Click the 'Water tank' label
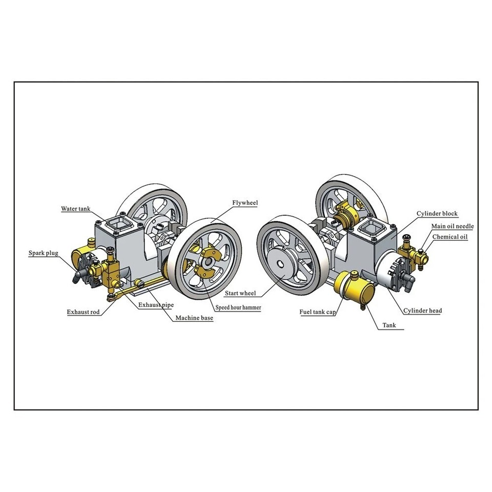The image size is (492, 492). tap(75, 209)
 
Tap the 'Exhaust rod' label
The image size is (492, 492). tap(84, 311)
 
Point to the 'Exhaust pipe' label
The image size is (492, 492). tap(156, 304)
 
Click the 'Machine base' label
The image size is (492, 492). tap(194, 318)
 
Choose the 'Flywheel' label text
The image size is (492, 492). tap(244, 203)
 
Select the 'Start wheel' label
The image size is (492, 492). tap(240, 294)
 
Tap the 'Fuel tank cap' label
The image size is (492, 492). tap(318, 311)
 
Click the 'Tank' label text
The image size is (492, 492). tap(392, 325)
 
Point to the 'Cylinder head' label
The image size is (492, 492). tap(422, 311)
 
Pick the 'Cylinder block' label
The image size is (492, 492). tap(437, 213)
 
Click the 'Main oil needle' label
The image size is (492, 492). tap(452, 225)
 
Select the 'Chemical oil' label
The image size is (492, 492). tap(449, 237)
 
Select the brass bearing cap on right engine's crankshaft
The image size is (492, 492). tap(348, 215)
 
